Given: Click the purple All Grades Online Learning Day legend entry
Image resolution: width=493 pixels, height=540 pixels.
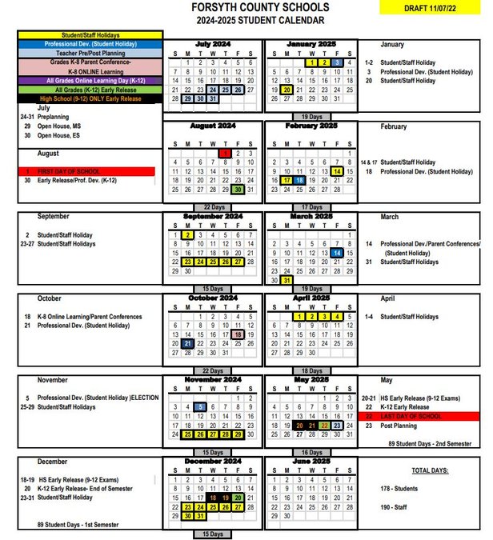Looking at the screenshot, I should pyautogui.click(x=90, y=80).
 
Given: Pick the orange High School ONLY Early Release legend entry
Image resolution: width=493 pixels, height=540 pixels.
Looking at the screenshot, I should pyautogui.click(x=90, y=99).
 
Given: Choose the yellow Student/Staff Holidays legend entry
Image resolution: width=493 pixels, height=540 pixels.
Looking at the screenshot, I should pyautogui.click(x=90, y=34).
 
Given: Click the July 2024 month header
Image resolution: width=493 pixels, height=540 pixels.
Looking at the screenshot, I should pyautogui.click(x=212, y=43).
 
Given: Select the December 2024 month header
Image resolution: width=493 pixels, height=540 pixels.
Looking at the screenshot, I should pyautogui.click(x=212, y=462).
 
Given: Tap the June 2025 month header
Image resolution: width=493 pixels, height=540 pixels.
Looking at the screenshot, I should pyautogui.click(x=312, y=462).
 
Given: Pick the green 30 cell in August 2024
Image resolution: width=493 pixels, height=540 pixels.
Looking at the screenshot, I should pyautogui.click(x=238, y=190).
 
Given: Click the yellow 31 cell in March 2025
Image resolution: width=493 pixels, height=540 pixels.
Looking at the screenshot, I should pyautogui.click(x=286, y=280).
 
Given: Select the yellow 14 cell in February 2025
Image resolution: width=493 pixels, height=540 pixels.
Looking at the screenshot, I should pyautogui.click(x=338, y=170).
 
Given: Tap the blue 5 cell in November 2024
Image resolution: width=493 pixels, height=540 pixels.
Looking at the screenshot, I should pyautogui.click(x=199, y=406).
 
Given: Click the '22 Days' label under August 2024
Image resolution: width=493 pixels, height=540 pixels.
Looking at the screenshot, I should pyautogui.click(x=212, y=206).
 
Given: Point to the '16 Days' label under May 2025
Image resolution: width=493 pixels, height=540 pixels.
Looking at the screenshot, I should pyautogui.click(x=312, y=452).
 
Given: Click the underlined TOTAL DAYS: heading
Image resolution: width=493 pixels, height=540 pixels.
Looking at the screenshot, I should pyautogui.click(x=430, y=470).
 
